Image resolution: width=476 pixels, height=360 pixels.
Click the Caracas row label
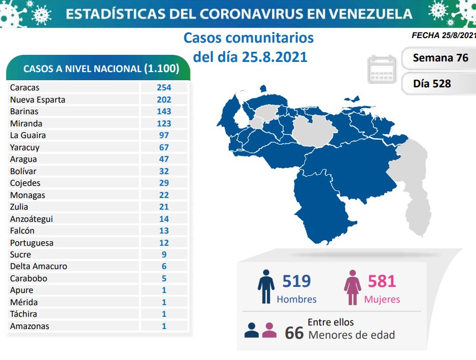pyautogui.click(x=24, y=88)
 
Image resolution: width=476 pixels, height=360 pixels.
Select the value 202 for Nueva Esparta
pyautogui.click(x=164, y=100)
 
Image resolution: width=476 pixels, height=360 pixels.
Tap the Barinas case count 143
pyautogui.click(x=164, y=111)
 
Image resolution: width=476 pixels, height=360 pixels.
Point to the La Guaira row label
pyautogui.click(x=28, y=135)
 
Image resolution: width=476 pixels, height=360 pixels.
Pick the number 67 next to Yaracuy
pyautogui.click(x=164, y=147)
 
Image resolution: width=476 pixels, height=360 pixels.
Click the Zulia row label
pyautogui.click(x=19, y=207)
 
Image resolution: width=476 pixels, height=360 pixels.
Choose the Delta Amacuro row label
pyautogui.click(x=39, y=266)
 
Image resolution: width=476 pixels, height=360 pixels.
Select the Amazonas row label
pyautogui.click(x=29, y=326)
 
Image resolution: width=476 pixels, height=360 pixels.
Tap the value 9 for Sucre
pyautogui.click(x=164, y=254)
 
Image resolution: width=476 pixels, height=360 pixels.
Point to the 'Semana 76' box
pyautogui.click(x=440, y=58)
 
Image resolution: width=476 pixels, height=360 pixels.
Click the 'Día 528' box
pyautogui.click(x=432, y=83)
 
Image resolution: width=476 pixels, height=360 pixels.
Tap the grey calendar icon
pyautogui.click(x=382, y=69)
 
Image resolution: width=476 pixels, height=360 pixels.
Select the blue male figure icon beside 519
pyautogui.click(x=266, y=287)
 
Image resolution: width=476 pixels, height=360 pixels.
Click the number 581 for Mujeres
pyautogui.click(x=382, y=281)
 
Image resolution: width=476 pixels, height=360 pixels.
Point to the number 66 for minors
pyautogui.click(x=294, y=333)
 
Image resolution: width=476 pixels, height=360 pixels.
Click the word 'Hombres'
pyautogui.click(x=296, y=299)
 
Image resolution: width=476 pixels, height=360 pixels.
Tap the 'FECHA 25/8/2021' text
pyautogui.click(x=444, y=36)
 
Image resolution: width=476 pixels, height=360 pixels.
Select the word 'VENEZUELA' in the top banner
pyautogui.click(x=371, y=13)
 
